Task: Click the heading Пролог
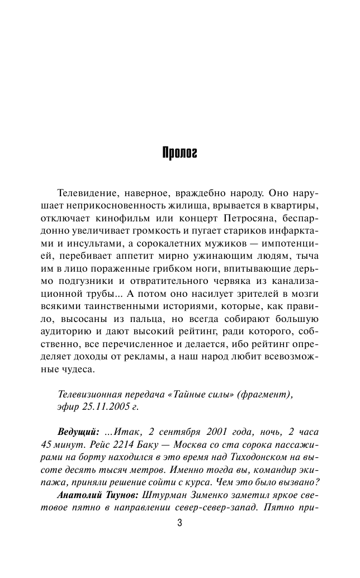click(x=179, y=153)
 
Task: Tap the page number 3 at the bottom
click(x=179, y=524)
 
